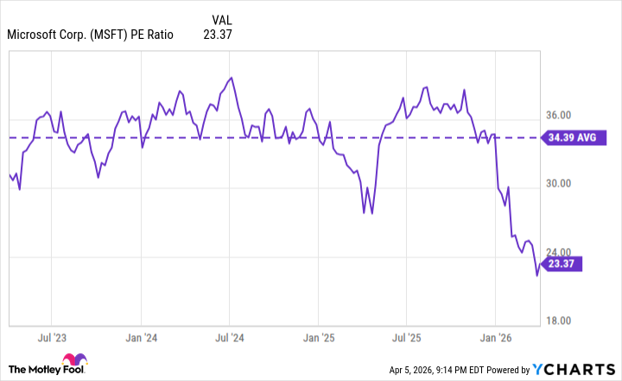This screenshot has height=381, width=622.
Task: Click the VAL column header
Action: pos(222,19)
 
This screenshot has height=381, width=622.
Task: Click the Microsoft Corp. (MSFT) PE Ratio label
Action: pos(90,35)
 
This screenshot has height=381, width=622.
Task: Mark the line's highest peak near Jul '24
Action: pos(231,78)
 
